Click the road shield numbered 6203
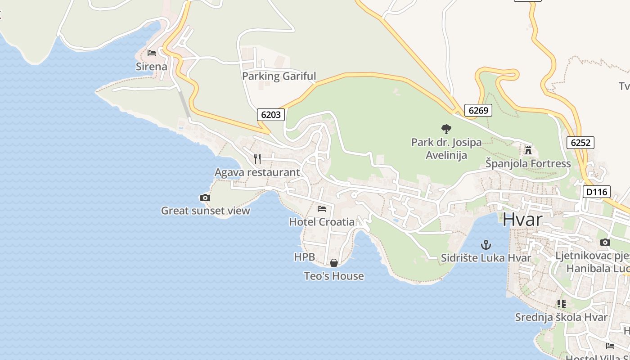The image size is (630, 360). click(271, 115)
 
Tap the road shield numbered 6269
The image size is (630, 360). click(478, 110)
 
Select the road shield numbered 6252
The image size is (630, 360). click(580, 143)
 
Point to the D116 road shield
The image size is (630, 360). click(597, 192)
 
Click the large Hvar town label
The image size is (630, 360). click(522, 220)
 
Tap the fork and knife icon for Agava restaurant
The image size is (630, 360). click(257, 158)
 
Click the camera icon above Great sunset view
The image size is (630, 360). click(205, 198)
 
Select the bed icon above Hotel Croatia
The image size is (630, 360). click(322, 209)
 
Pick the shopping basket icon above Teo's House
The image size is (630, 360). click(334, 263)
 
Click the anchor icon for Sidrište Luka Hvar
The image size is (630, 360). click(486, 245)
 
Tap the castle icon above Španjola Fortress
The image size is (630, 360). click(528, 150)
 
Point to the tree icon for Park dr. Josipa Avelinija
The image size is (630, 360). click(446, 129)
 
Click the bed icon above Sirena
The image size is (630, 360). click(152, 53)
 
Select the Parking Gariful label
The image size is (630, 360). click(279, 76)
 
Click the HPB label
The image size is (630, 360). click(304, 257)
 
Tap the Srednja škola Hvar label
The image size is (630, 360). click(561, 317)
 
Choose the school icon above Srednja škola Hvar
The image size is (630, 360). click(561, 304)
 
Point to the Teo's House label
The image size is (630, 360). click(334, 276)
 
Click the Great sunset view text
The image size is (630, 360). click(205, 211)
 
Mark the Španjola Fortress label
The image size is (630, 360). click(528, 163)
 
